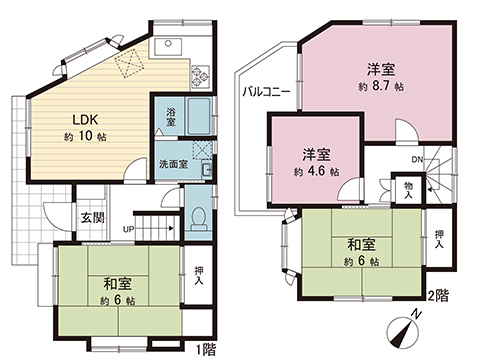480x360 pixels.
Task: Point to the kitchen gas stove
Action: click(200, 74)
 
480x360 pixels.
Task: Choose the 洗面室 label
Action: click(171, 163)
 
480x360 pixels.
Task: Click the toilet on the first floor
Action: click(199, 215)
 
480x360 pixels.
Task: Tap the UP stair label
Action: click(127, 229)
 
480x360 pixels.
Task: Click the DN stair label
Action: click(417, 158)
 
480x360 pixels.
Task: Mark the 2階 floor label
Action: click(437, 296)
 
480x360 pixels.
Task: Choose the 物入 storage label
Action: click(410, 189)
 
